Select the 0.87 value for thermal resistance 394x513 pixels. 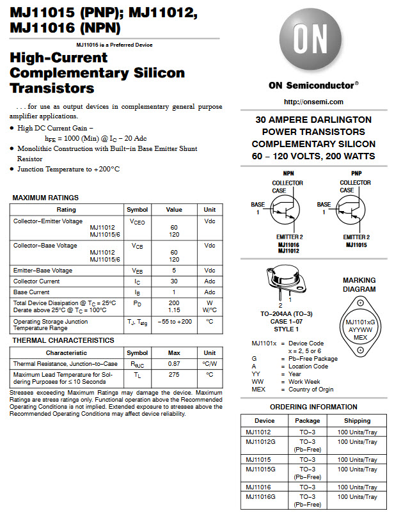(174, 363)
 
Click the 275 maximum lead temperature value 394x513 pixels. (174, 375)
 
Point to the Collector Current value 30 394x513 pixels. (174, 281)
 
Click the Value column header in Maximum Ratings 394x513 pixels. (174, 209)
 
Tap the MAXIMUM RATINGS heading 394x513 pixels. (45, 198)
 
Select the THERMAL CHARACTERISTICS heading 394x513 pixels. (63, 340)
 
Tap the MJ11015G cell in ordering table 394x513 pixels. (260, 470)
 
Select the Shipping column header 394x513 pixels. (357, 420)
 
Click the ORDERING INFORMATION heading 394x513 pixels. (313, 407)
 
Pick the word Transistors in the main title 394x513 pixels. (52, 88)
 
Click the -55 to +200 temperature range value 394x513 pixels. (174, 321)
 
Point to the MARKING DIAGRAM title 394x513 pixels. (359, 285)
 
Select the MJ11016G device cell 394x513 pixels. (260, 497)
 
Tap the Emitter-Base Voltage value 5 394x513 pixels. (174, 271)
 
